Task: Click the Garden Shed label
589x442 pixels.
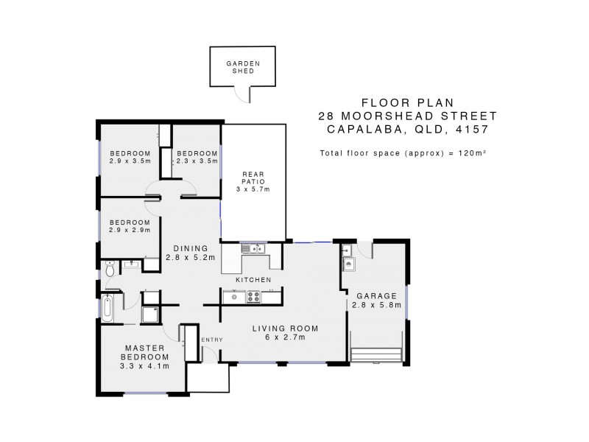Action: pos(243,67)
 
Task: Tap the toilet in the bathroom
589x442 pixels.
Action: pos(110,268)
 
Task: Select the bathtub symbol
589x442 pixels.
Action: pos(107,308)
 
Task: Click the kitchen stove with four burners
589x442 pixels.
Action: pos(253,297)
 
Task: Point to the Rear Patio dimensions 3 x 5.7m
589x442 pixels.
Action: pos(253,189)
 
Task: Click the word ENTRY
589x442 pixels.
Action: pos(212,340)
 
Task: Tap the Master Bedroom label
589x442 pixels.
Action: pos(144,353)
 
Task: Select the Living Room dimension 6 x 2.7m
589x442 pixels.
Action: pos(286,337)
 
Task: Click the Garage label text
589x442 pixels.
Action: pos(376,296)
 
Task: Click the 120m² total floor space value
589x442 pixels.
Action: pos(473,153)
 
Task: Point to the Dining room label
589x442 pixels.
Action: pos(191,248)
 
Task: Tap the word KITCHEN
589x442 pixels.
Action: pos(253,280)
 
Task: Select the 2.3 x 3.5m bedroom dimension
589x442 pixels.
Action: pos(197,161)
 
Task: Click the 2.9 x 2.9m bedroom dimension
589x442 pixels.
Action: pos(130,230)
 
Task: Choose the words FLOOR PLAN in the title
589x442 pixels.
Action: pos(408,102)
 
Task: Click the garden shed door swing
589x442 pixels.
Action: pos(241,96)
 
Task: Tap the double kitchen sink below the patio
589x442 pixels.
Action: pos(253,248)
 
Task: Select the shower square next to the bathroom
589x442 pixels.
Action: pos(151,315)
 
